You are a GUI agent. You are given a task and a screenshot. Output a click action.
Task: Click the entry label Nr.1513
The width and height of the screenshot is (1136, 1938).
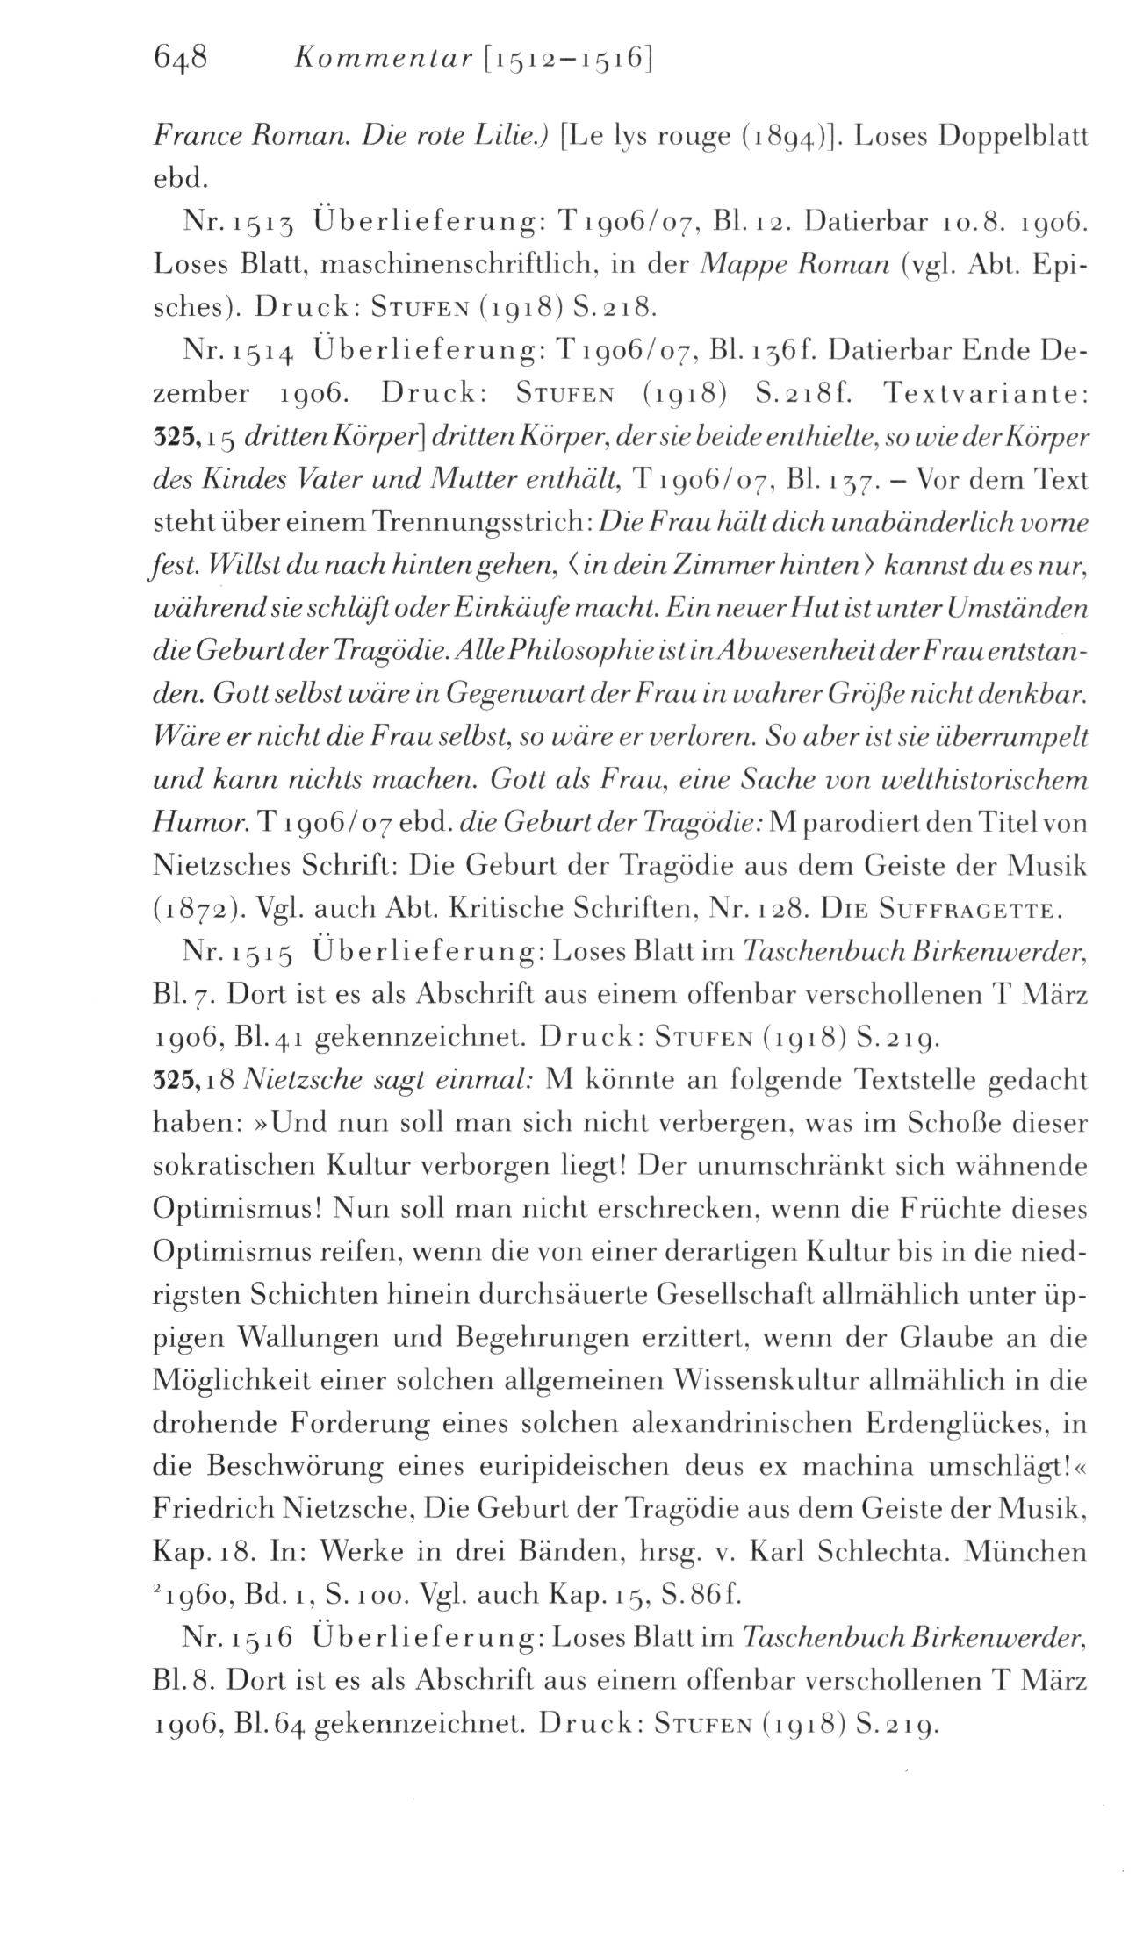click(x=237, y=224)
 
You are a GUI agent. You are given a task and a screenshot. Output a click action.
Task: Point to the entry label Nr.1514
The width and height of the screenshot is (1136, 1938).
click(x=237, y=353)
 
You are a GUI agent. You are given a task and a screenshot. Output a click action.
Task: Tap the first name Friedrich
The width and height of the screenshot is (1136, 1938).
click(x=212, y=1510)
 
